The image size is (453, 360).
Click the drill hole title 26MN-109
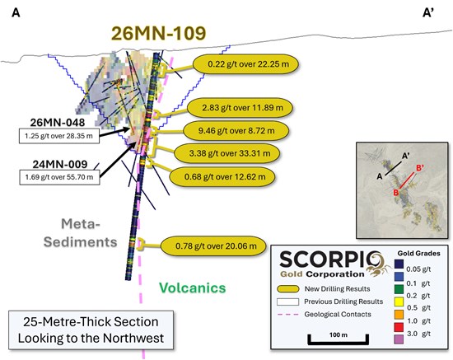coord(159,33)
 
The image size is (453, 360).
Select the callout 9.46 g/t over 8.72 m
coord(236,131)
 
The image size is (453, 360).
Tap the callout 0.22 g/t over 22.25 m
coord(246,64)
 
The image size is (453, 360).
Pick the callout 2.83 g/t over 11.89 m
coord(241,108)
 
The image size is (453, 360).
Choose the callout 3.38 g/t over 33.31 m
coord(226,153)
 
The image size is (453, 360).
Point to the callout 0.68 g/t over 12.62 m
coord(222,176)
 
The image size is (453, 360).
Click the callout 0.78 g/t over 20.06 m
coord(213,246)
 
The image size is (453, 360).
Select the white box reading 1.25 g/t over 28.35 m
coord(59,136)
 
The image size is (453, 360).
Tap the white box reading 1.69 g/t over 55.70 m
coord(59,177)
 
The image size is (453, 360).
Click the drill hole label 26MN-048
coord(58,123)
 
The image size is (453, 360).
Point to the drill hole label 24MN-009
coord(60,164)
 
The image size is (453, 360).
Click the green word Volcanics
coord(193,288)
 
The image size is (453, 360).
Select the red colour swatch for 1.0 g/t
coord(399,327)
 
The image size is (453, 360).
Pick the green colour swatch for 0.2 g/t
coord(399,289)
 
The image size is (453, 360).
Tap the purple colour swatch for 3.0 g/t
coord(399,339)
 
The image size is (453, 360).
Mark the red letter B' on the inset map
coord(420,168)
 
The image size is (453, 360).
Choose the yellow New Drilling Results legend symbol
coord(287,289)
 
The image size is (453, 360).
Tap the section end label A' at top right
coord(428,12)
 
